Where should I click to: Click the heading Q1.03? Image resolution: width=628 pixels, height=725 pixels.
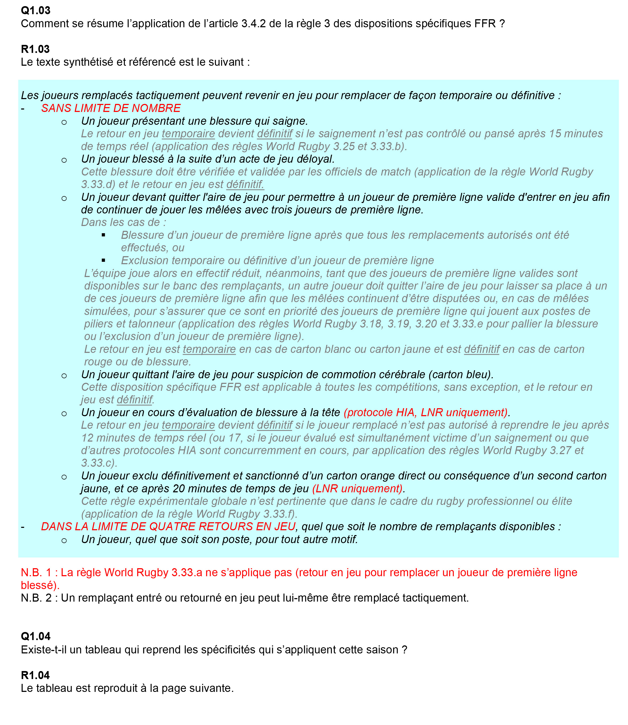(x=35, y=10)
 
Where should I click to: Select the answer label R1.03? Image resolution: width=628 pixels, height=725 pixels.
(x=35, y=49)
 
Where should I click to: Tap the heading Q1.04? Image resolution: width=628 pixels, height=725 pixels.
(x=35, y=636)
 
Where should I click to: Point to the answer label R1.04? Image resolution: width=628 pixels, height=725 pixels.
(x=35, y=675)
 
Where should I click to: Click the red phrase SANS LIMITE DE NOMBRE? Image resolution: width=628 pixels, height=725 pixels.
(x=111, y=108)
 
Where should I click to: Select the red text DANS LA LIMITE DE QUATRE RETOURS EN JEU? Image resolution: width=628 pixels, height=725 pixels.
(x=168, y=526)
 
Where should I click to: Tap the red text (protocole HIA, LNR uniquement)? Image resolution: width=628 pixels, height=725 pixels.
(x=426, y=412)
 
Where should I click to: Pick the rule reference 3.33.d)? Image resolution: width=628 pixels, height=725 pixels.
(x=98, y=185)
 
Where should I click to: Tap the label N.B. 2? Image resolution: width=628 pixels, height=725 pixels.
(x=36, y=598)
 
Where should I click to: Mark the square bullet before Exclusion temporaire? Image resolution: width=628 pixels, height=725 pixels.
(x=104, y=260)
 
